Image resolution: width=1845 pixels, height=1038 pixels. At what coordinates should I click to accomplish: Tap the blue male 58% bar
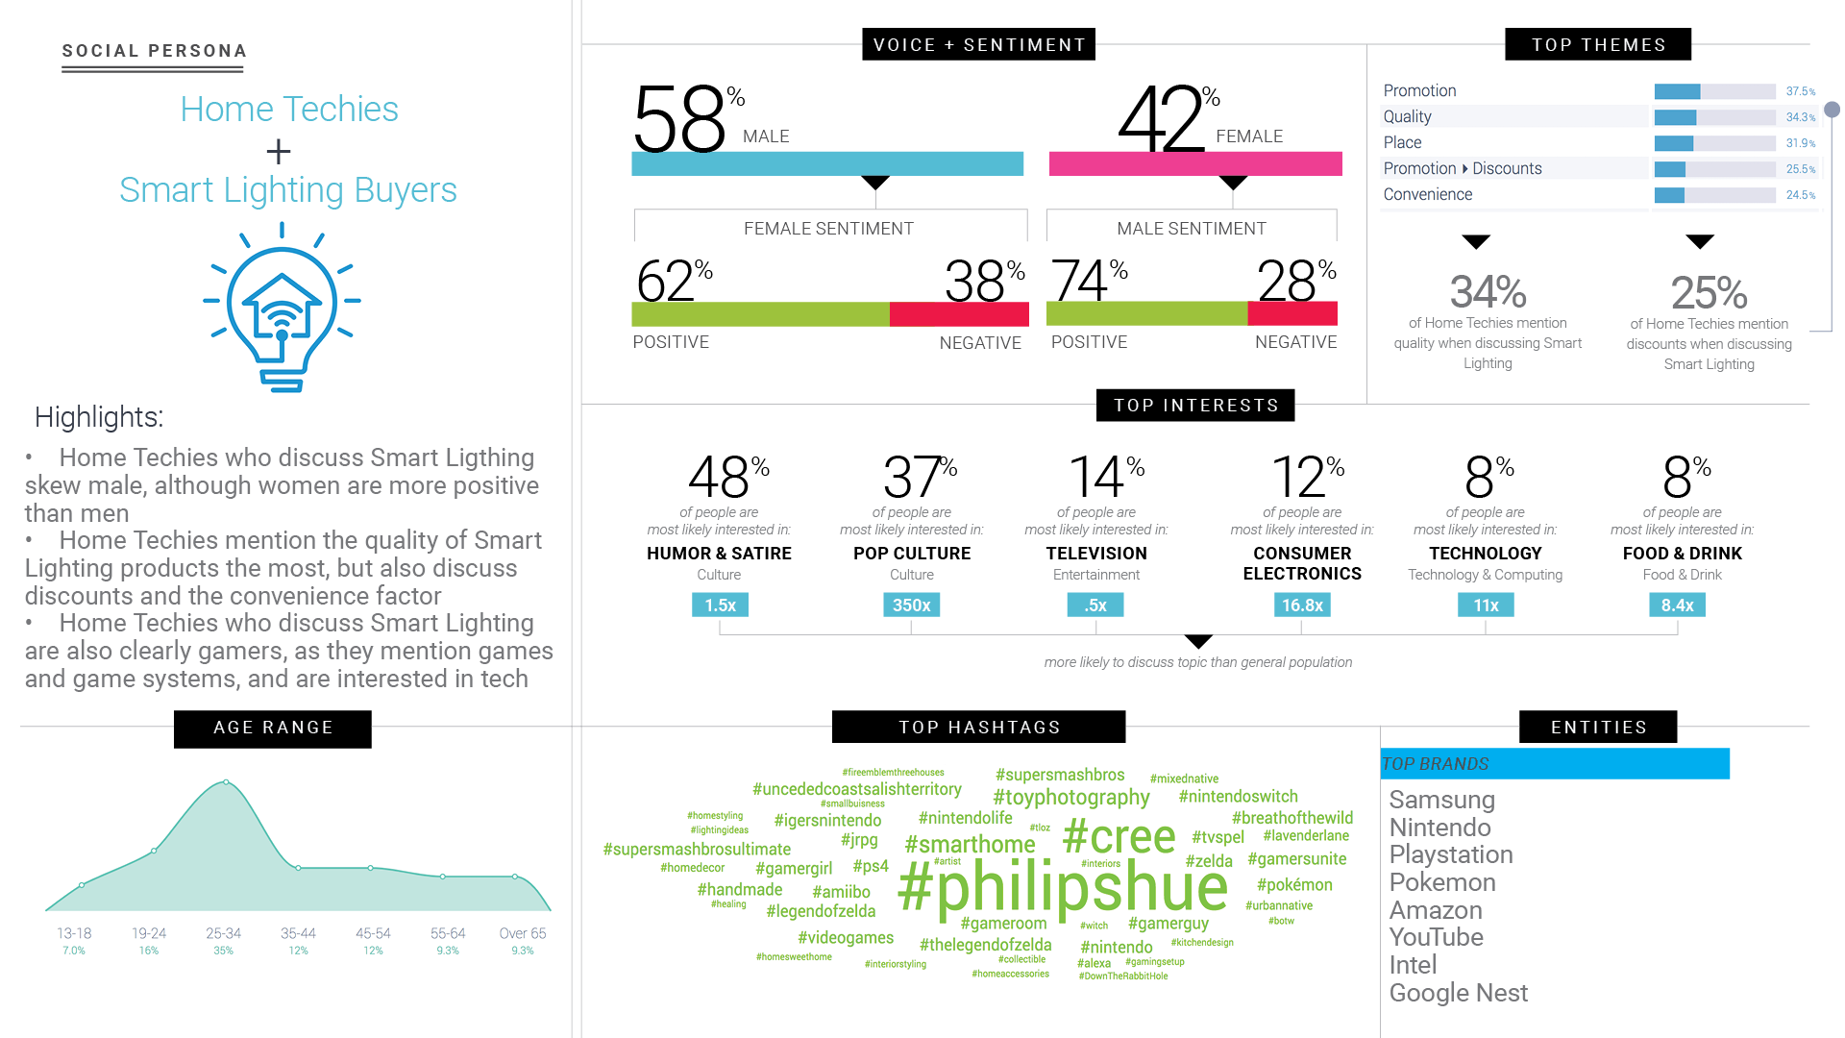click(826, 164)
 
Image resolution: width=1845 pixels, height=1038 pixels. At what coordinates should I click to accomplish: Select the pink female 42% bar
click(1194, 164)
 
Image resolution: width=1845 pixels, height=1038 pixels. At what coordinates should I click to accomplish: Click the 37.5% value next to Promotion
click(1800, 91)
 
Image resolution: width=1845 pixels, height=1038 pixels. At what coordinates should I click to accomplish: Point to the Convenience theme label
click(1427, 194)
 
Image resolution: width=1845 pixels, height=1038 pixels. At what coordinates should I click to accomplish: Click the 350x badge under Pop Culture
click(911, 605)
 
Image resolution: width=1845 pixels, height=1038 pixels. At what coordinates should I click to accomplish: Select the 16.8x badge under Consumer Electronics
click(1302, 605)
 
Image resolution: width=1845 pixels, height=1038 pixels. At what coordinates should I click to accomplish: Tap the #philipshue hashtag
click(1062, 887)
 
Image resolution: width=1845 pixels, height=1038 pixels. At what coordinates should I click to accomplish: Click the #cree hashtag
click(1119, 836)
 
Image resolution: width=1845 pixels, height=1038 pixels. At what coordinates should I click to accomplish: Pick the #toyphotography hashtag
click(1070, 797)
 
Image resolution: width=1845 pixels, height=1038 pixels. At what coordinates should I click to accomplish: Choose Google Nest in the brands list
click(1458, 993)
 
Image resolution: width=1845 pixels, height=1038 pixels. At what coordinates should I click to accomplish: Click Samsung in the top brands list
click(1441, 800)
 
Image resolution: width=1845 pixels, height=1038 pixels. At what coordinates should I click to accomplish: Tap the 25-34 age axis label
click(223, 933)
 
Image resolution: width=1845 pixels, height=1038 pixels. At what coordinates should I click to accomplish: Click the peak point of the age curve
click(226, 782)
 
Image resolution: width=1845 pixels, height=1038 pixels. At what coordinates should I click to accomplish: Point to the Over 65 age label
click(522, 933)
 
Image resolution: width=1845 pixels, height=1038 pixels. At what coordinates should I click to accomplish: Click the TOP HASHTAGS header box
click(978, 727)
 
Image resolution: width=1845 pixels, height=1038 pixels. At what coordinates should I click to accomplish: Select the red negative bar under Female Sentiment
click(958, 314)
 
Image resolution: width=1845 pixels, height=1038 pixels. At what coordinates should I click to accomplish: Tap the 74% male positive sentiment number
click(1081, 281)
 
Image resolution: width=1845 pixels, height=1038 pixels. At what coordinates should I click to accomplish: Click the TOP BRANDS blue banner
click(1554, 763)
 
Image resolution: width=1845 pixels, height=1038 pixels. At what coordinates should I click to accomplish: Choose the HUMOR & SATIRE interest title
click(719, 554)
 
